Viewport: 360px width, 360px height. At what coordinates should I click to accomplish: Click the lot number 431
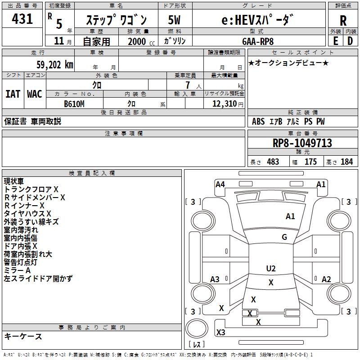click(22, 19)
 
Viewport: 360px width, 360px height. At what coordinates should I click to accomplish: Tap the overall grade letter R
click(343, 20)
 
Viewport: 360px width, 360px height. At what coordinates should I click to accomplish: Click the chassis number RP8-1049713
click(302, 143)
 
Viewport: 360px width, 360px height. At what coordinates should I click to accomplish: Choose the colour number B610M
click(74, 103)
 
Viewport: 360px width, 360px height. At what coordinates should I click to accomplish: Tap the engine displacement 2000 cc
click(138, 41)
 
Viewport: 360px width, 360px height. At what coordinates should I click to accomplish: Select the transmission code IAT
click(13, 94)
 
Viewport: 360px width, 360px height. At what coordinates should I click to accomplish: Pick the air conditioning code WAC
click(34, 94)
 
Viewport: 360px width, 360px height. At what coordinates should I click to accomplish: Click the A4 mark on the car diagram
click(220, 184)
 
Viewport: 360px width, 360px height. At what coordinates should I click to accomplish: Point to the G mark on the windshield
click(284, 237)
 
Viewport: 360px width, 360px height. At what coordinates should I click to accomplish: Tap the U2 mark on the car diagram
click(271, 269)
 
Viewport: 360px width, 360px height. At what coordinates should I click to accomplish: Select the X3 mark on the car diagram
click(220, 333)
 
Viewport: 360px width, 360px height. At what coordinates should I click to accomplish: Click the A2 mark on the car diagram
click(326, 279)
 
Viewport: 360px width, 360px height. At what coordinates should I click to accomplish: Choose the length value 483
click(273, 162)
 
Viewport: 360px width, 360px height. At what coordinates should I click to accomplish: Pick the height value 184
click(346, 162)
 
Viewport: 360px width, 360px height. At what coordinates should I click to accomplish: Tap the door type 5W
click(174, 20)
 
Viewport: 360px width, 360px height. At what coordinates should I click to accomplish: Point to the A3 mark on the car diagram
click(215, 279)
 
